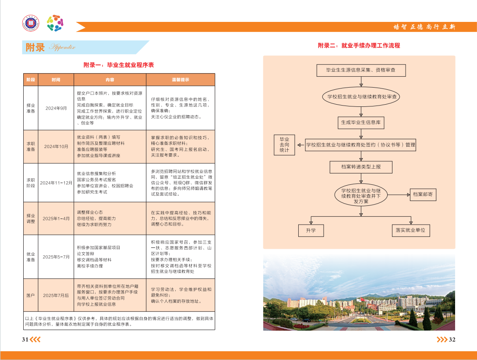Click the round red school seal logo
(31, 23)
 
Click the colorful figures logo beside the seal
(56, 23)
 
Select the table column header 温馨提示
(180, 80)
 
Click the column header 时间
(56, 80)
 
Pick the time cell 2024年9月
(56, 108)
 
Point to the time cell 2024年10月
(56, 146)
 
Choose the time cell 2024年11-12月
(56, 183)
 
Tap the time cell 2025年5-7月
(56, 257)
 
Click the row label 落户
(31, 295)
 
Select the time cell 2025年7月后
(56, 295)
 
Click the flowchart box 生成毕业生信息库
(361, 123)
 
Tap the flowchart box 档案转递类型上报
(361, 167)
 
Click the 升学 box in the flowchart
(311, 230)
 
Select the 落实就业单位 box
(410, 230)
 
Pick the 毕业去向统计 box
(284, 145)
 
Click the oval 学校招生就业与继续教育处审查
(361, 96)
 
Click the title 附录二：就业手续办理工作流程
(359, 45)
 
